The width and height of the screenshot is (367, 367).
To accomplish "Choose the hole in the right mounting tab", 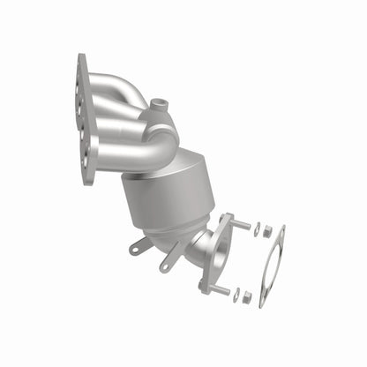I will click(164, 266).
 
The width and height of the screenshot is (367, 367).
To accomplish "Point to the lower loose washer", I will click(236, 296).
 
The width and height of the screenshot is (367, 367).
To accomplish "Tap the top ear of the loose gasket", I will click(281, 232).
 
